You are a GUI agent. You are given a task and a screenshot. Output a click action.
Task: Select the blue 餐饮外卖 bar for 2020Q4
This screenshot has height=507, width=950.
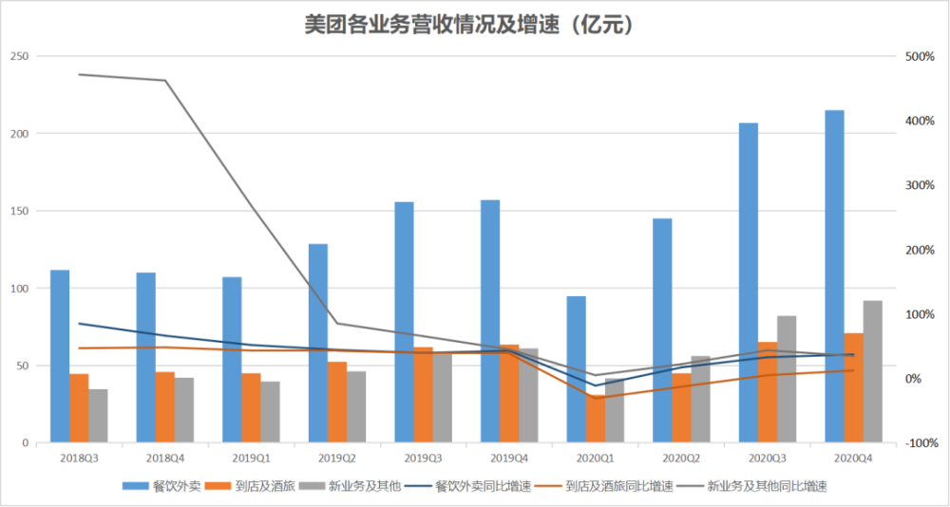[x=834, y=276]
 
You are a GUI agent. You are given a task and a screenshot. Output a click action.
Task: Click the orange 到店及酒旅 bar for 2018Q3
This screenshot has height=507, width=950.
[x=79, y=408]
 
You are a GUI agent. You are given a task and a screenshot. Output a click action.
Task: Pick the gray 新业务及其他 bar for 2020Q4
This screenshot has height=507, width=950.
[x=872, y=371]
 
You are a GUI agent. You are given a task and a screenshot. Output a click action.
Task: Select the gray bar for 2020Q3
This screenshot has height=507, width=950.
[x=787, y=379]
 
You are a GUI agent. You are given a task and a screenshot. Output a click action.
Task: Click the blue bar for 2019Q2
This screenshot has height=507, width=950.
[x=318, y=343]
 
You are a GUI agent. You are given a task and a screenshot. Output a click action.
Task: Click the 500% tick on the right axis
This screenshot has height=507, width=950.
[x=919, y=56]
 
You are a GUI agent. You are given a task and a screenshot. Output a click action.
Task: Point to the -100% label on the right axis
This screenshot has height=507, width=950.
[x=919, y=443]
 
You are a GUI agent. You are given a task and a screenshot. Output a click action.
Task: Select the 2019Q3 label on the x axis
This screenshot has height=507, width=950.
[x=404, y=459]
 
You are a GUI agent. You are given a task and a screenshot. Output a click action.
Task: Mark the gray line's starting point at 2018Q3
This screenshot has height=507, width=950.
[x=79, y=74]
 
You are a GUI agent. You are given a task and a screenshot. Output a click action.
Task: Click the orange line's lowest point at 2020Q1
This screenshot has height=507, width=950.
[x=596, y=398]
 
